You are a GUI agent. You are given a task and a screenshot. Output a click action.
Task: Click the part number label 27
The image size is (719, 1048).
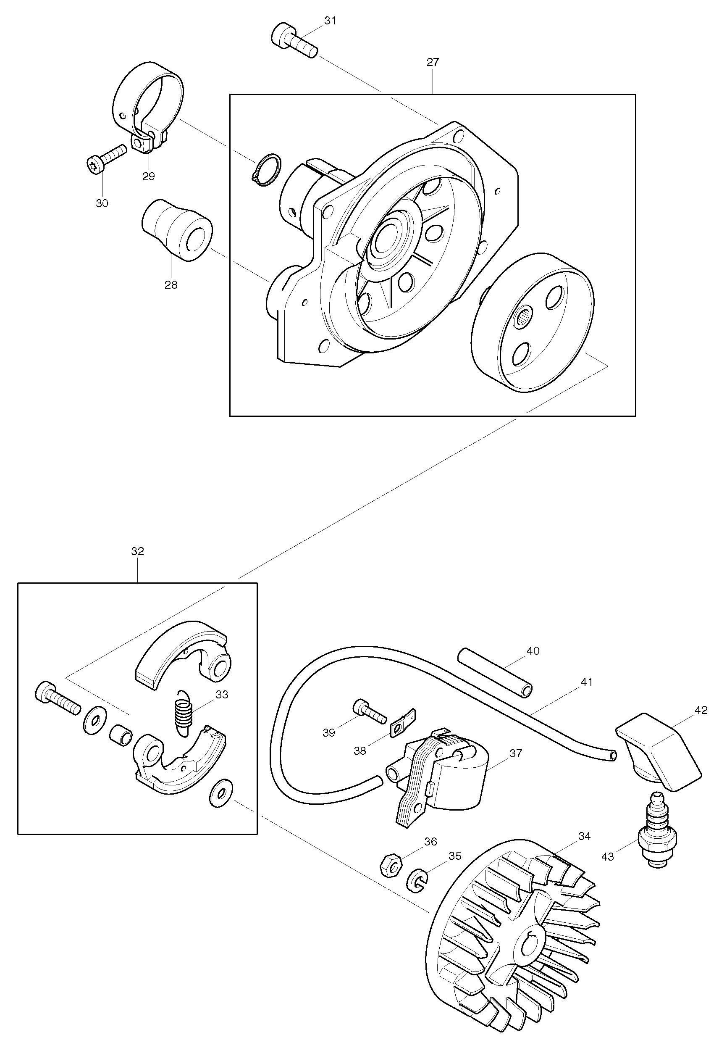432,62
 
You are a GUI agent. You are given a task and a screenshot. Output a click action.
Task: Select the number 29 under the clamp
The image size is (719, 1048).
148,176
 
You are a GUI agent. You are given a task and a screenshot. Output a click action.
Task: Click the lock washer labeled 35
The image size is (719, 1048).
418,880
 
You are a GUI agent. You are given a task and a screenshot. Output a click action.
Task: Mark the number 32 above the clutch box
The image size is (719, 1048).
137,551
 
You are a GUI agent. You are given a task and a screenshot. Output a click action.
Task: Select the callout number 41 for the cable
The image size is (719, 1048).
586,682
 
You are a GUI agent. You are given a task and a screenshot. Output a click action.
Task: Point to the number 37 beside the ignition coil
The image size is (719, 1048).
515,753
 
